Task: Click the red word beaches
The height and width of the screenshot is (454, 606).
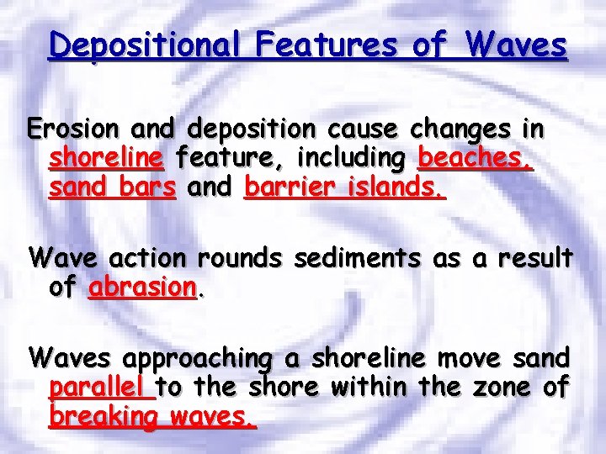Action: pyautogui.click(x=475, y=157)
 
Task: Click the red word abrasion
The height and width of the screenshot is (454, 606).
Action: pyautogui.click(x=142, y=287)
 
